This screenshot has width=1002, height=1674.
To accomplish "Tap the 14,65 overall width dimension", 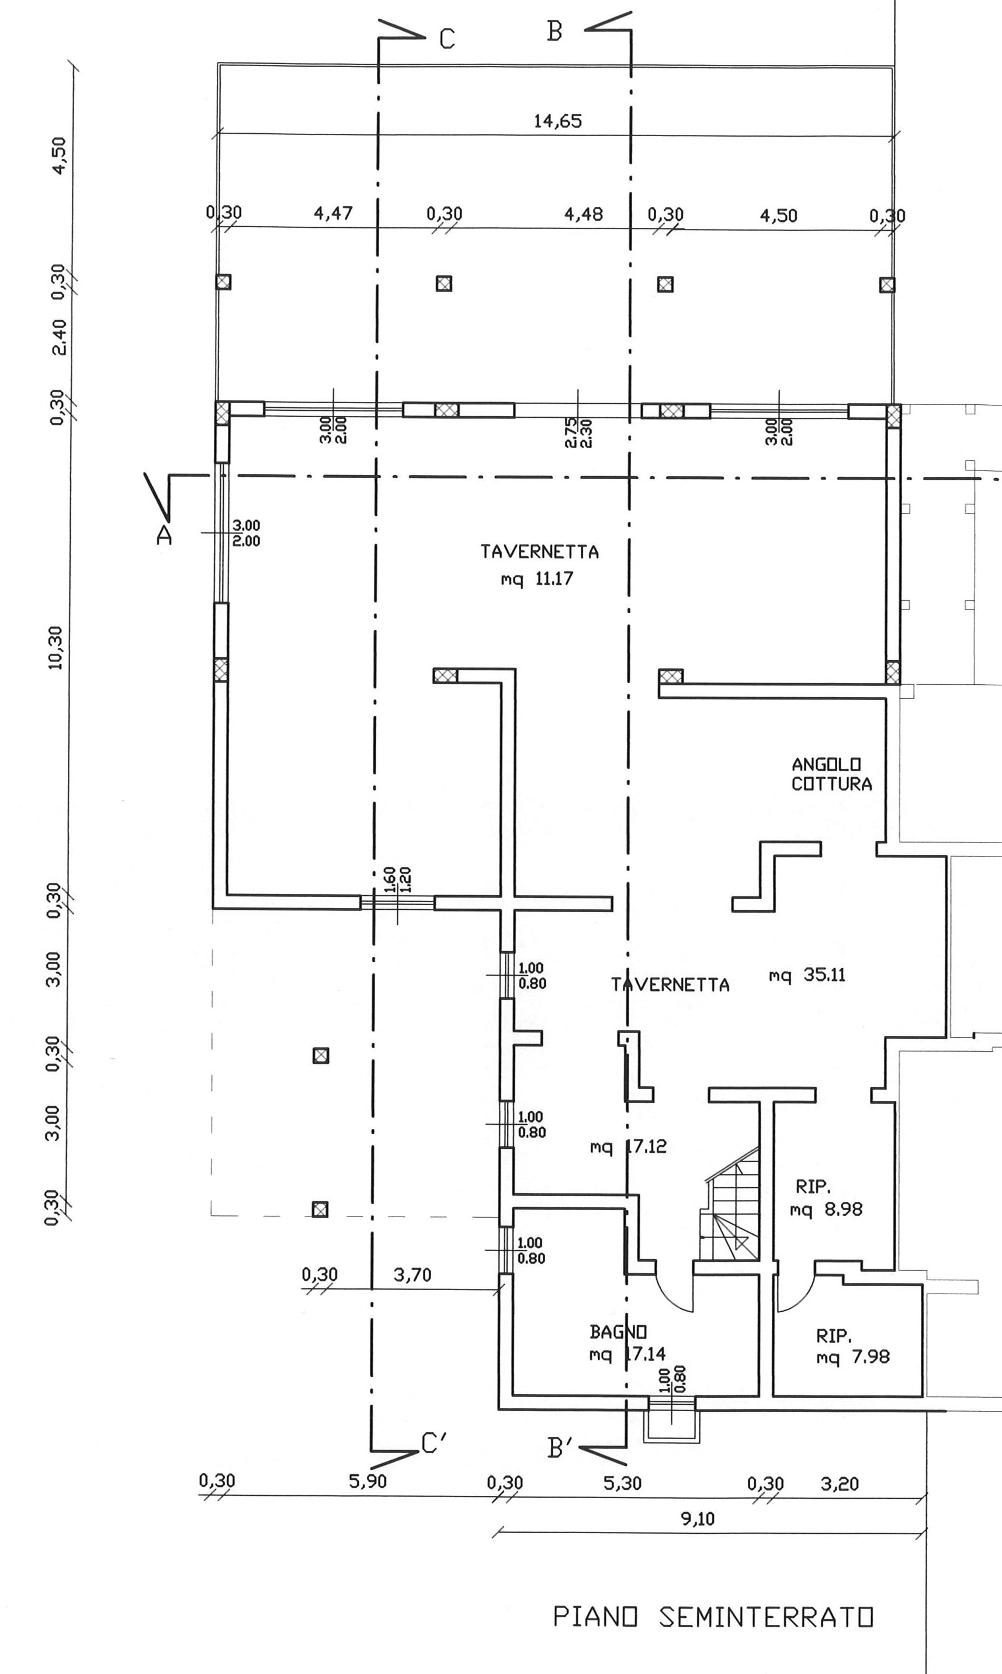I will pos(558,122).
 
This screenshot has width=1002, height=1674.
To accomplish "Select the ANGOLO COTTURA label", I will pos(831,775).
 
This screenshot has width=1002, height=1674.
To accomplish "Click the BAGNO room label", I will pos(618,1332).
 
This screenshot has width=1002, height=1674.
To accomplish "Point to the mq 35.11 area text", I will pos(807,975).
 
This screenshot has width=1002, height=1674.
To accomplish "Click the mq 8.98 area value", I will pos(826,1209).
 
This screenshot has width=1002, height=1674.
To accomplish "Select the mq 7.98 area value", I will pos(853,1357).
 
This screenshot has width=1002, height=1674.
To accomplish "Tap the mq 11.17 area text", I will pos(537,578).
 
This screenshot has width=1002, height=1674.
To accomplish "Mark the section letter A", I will pos(164,535).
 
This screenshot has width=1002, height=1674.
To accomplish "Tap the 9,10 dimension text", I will pos(698,1519).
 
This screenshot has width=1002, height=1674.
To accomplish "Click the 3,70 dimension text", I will pos(412,1275).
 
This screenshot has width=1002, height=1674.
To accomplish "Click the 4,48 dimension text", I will pos(583,215).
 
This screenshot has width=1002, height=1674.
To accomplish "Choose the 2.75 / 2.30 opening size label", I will pos(577,432).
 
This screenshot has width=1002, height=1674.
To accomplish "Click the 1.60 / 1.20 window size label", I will pos(398,880).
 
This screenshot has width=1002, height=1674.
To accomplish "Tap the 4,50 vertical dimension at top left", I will pos(60,155).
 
